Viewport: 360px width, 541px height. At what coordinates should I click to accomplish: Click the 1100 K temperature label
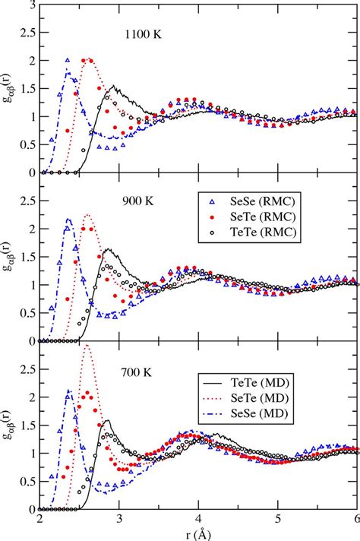click(x=146, y=34)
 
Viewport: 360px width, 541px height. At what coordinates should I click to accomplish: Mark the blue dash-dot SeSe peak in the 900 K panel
click(x=68, y=220)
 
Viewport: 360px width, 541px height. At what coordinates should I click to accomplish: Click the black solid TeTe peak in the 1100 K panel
click(x=113, y=86)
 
